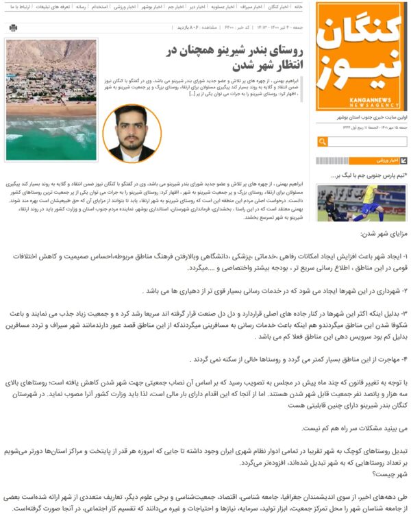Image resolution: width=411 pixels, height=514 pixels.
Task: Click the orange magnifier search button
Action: (x=323, y=142)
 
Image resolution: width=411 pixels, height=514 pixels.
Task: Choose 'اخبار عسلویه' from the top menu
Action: (x=224, y=6)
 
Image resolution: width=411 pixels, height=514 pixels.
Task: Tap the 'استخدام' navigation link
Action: (x=99, y=6)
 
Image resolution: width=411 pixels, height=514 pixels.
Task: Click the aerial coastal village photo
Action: (x=51, y=99)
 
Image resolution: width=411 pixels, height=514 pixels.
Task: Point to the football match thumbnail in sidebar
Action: (x=361, y=201)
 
